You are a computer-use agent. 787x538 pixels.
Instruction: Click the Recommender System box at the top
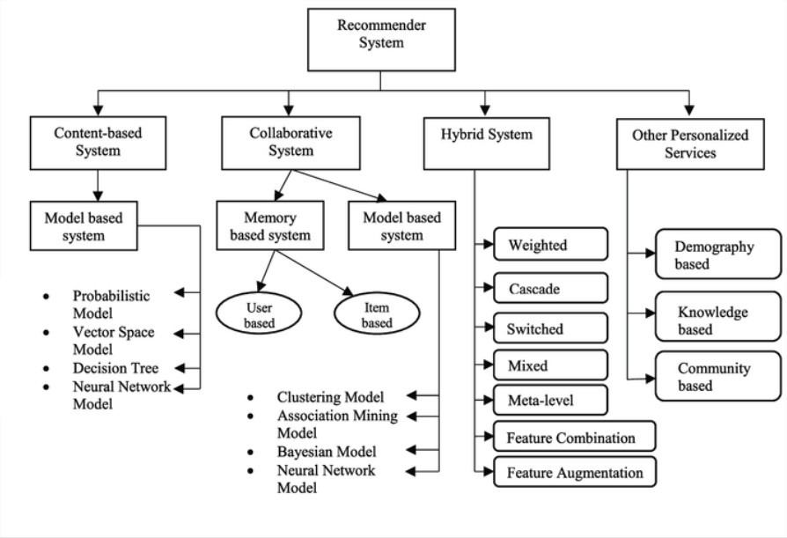381,40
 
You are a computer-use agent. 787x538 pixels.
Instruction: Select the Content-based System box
98,143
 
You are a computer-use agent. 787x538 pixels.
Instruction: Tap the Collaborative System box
291,143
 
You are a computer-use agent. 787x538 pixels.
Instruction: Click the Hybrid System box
486,144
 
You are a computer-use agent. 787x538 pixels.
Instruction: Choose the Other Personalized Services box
690,144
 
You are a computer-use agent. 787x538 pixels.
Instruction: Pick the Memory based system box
270,225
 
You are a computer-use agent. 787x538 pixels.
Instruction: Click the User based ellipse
259,313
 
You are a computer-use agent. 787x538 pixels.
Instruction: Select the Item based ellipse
377,313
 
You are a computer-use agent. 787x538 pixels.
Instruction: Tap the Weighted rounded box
550,245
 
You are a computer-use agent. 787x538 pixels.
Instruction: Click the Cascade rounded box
550,288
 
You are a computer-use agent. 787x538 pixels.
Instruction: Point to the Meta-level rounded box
550,400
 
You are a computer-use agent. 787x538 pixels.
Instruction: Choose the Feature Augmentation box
575,472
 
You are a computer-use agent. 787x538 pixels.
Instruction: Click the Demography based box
718,254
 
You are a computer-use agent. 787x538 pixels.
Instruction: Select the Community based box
718,376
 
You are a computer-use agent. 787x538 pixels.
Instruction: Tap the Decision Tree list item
115,368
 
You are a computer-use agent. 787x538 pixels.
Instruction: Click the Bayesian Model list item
327,452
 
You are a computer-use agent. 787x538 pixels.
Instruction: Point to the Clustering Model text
330,397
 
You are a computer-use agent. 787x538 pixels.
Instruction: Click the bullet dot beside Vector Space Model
46,332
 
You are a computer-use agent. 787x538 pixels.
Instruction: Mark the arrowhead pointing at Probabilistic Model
180,292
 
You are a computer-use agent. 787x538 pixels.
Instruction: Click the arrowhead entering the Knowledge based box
650,313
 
